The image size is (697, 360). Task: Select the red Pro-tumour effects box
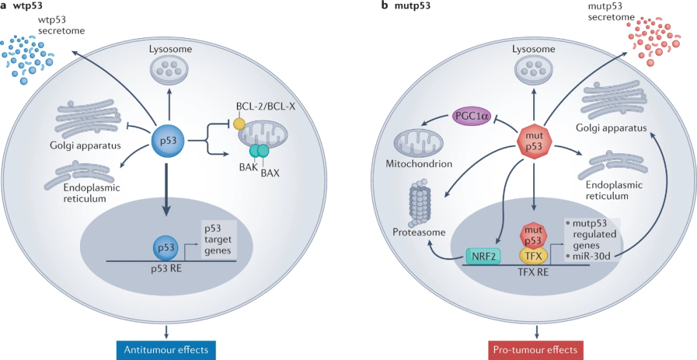535,350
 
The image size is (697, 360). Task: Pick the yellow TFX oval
533,254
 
